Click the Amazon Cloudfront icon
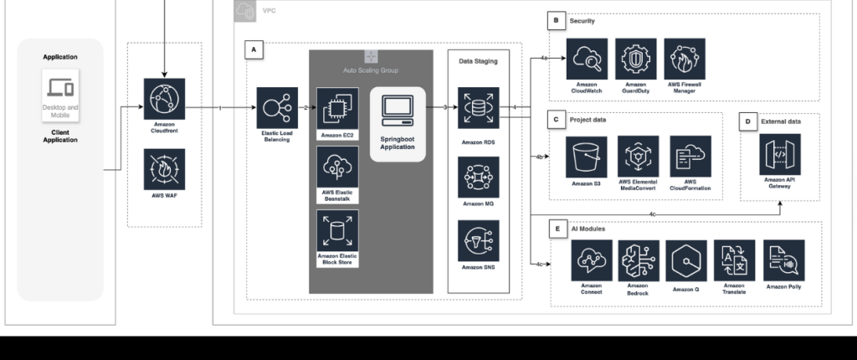(x=164, y=99)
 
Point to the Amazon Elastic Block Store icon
(x=336, y=230)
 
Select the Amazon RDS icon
(x=478, y=108)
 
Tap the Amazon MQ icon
(x=478, y=177)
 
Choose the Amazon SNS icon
(x=478, y=240)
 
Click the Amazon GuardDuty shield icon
(x=635, y=59)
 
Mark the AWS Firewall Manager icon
(x=685, y=59)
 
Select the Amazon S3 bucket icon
(x=586, y=157)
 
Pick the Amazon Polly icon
(x=784, y=260)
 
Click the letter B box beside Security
(x=555, y=20)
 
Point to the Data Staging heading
(x=478, y=61)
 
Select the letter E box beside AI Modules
(x=557, y=228)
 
